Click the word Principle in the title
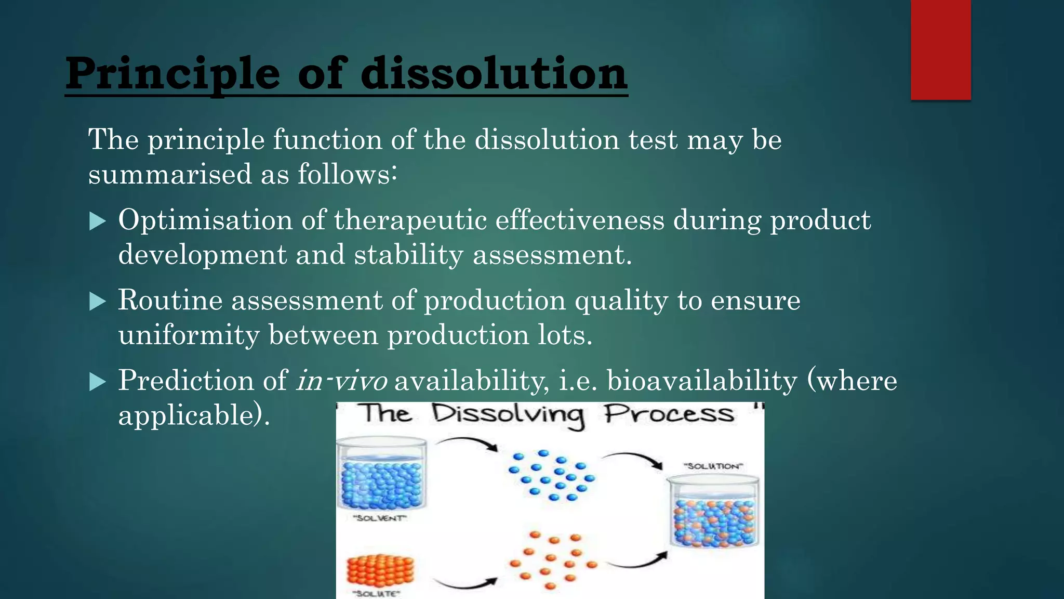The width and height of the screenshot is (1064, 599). coord(172,74)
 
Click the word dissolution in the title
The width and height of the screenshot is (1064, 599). coord(494,74)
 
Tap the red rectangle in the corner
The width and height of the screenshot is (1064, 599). coord(940,49)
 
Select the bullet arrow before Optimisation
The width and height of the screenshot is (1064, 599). coord(97,221)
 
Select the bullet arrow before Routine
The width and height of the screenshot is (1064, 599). coord(97,301)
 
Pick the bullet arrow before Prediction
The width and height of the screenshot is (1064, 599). coord(97,382)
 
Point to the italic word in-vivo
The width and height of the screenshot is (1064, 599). coord(341,381)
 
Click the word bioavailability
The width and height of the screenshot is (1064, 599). coord(701,381)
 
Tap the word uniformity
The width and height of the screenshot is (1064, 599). coord(189,335)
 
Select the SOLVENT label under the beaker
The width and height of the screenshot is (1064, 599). coord(380,518)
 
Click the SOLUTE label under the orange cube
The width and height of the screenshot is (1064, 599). coord(377,593)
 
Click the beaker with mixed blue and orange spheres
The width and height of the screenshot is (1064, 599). coord(713,515)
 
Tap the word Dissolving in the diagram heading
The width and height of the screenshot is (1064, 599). coord(508,414)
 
